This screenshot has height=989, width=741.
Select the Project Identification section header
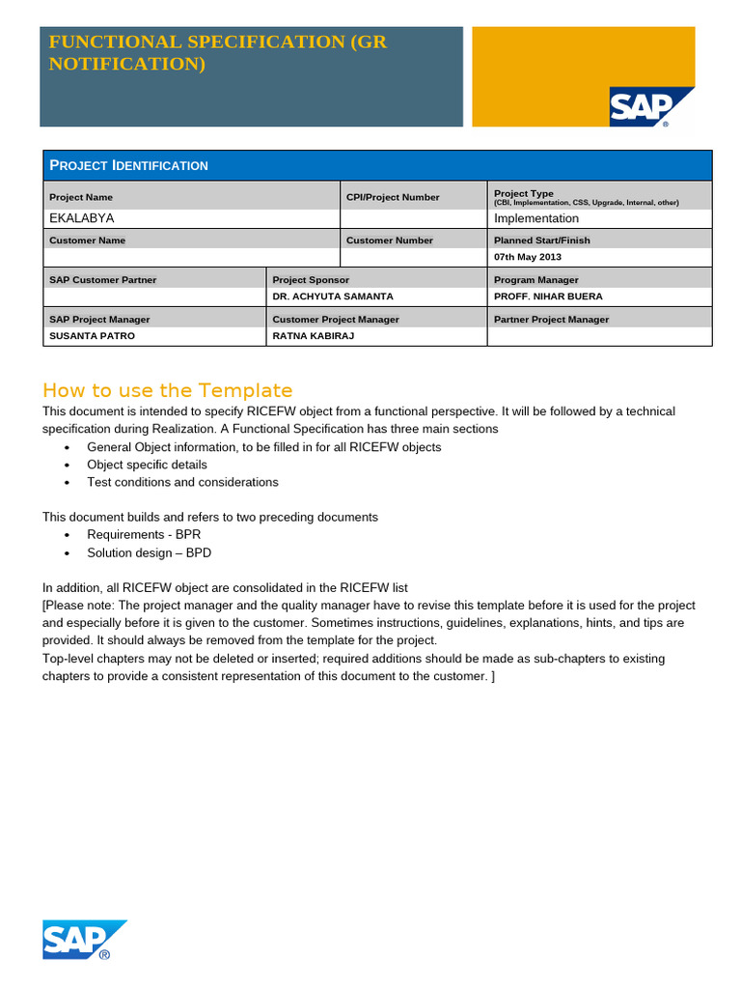[129, 165]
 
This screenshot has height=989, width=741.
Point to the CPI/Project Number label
[393, 197]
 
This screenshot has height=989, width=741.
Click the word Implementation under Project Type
[536, 218]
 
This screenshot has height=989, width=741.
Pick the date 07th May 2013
[528, 258]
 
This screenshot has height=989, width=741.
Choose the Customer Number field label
[390, 240]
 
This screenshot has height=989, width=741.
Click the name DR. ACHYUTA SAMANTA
[333, 297]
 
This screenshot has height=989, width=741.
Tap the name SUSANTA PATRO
[92, 336]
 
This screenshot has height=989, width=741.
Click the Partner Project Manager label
[551, 319]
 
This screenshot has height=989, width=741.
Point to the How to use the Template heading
[167, 390]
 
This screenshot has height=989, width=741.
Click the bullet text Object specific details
[147, 465]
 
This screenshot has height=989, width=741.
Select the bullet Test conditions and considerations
[182, 482]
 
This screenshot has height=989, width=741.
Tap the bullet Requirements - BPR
[144, 534]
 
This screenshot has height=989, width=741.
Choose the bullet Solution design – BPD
[149, 552]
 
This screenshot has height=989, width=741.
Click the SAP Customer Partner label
[102, 280]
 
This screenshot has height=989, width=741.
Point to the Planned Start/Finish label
[542, 240]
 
